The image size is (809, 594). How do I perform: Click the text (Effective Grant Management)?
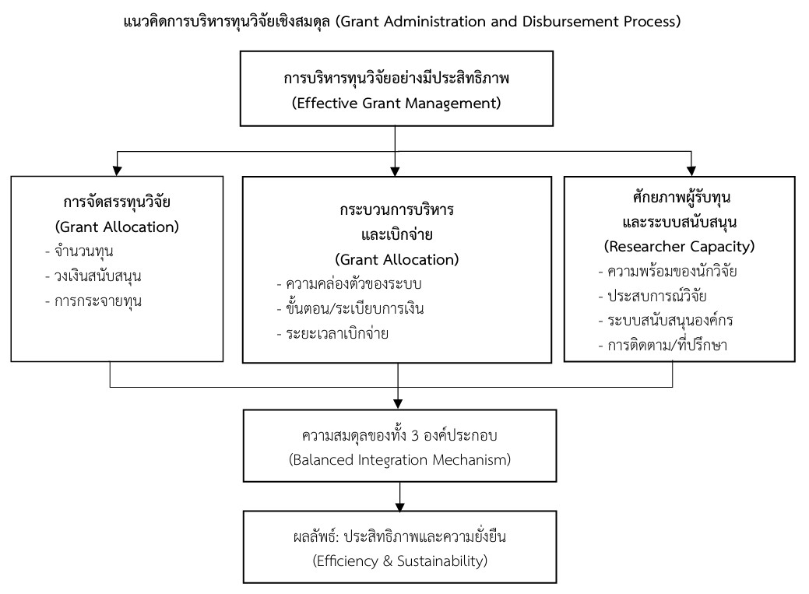pyautogui.click(x=396, y=104)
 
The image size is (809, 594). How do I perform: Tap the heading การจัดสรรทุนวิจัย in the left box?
pyautogui.click(x=117, y=202)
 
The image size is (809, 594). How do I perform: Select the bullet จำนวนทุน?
pyautogui.click(x=83, y=251)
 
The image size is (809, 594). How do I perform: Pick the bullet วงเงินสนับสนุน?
pyautogui.click(x=97, y=276)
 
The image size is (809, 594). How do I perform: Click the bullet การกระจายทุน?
pyautogui.click(x=98, y=301)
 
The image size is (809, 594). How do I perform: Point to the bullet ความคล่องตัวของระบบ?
pyautogui.click(x=353, y=284)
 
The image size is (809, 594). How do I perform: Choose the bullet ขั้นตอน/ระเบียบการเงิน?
pyautogui.click(x=354, y=308)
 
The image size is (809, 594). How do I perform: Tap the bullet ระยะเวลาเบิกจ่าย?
pyautogui.click(x=337, y=333)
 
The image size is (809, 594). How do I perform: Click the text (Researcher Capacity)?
pyautogui.click(x=679, y=247)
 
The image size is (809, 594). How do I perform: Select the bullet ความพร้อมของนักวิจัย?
pyautogui.click(x=672, y=271)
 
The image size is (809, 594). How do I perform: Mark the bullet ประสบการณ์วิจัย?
pyautogui.click(x=657, y=296)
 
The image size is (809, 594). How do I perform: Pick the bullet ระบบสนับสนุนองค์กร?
pyautogui.click(x=670, y=321)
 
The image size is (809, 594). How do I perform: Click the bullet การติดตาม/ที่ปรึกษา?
pyautogui.click(x=667, y=345)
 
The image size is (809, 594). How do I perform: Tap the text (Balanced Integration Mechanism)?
pyautogui.click(x=399, y=460)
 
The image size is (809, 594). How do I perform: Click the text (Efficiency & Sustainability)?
pyautogui.click(x=400, y=561)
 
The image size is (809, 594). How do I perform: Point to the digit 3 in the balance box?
pyautogui.click(x=415, y=436)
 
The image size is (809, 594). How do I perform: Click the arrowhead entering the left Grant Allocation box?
pyautogui.click(x=117, y=170)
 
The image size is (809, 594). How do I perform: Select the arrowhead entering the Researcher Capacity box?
pyautogui.click(x=691, y=170)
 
